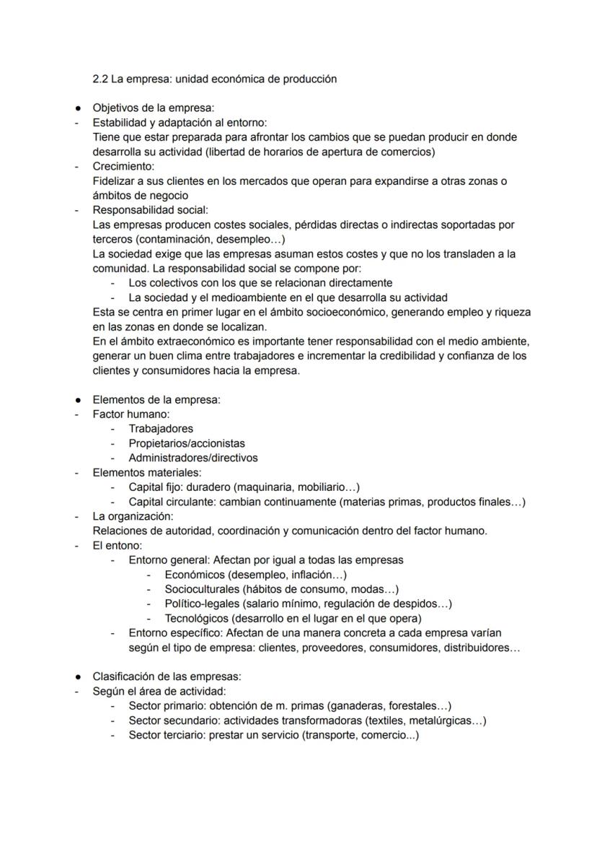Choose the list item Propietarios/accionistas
(187, 443)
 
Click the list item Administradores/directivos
(193, 458)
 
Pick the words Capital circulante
(170, 502)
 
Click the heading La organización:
(133, 516)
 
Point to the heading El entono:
(118, 545)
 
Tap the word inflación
(308, 575)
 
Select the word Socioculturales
(201, 589)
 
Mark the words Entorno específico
(169, 632)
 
